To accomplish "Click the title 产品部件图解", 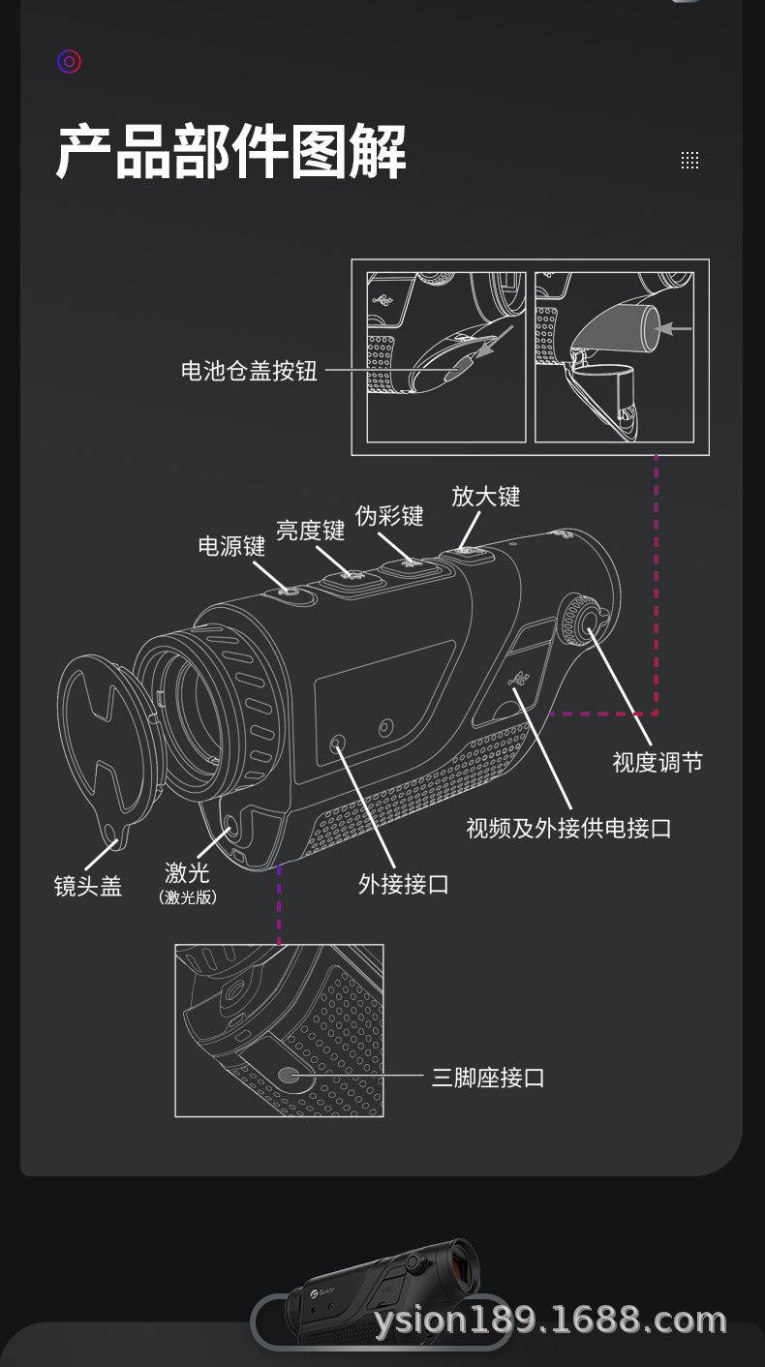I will (230, 152).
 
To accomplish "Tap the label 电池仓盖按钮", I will (249, 371).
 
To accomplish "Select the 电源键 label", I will (231, 546).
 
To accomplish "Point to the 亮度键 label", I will (310, 531).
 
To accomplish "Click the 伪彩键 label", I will (389, 516).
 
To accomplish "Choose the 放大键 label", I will (486, 497).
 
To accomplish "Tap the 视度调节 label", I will (658, 763).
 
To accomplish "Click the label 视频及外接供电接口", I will (568, 829).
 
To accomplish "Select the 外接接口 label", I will (404, 884).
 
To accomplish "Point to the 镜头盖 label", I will (88, 886).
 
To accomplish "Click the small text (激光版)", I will (188, 897).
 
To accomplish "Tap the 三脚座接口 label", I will (488, 1078).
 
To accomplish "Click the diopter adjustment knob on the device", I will (583, 620).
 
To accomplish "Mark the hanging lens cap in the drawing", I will (102, 736).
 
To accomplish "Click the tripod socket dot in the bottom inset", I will (289, 1075).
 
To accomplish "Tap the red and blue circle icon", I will (69, 62).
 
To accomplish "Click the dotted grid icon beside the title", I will (689, 161).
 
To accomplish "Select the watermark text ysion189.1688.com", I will (550, 1320).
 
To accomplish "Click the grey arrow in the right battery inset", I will (677, 329).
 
